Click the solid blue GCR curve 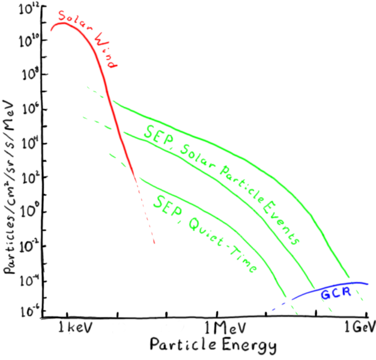point(336,284)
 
